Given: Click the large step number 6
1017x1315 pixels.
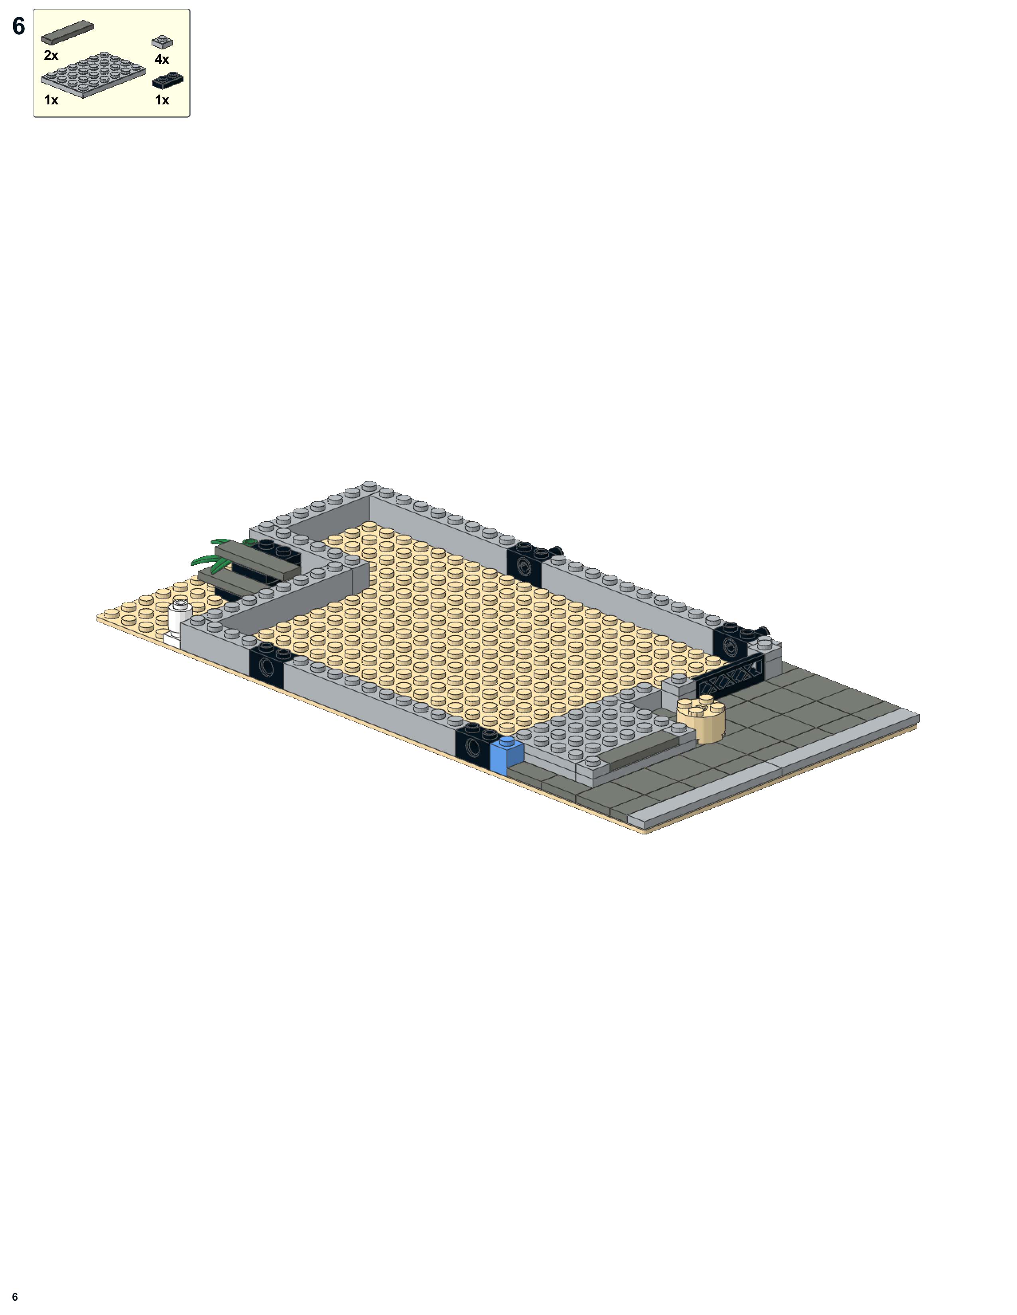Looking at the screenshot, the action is pos(19,26).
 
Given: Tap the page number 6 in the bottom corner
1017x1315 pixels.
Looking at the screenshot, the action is pos(15,1297).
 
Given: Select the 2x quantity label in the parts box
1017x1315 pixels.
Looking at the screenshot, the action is pos(51,55).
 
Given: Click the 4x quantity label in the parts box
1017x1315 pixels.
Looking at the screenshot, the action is pos(162,59).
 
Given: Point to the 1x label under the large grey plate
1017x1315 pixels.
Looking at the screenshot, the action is pos(51,100).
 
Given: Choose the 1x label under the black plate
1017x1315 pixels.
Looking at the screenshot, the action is pos(162,100).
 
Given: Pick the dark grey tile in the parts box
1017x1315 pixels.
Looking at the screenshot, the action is pos(67,33).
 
